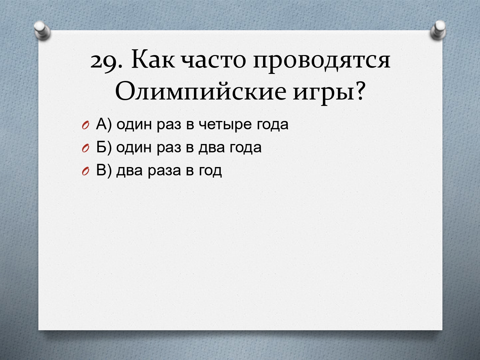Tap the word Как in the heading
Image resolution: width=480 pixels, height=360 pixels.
(x=153, y=59)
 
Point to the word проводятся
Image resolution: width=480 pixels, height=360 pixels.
(x=322, y=62)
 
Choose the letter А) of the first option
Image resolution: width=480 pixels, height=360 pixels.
(x=104, y=124)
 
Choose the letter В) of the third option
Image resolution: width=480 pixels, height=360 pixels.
(x=104, y=171)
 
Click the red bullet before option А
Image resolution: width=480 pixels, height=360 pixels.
(x=85, y=125)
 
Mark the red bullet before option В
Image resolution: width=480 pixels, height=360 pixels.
(x=85, y=172)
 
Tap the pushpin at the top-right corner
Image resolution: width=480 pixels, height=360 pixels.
(x=438, y=30)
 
